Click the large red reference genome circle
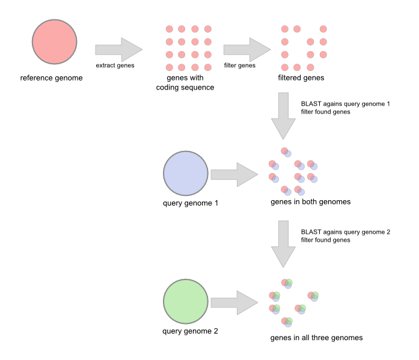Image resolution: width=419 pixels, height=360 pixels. pyautogui.click(x=54, y=41)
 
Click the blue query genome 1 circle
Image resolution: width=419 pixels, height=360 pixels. pyautogui.click(x=185, y=173)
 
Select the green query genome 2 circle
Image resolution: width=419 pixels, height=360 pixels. pyautogui.click(x=185, y=302)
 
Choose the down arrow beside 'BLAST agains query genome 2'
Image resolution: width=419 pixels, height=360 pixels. pyautogui.click(x=283, y=243)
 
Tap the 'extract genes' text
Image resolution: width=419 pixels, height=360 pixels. pyautogui.click(x=115, y=66)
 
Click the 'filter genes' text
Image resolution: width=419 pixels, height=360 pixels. pyautogui.click(x=239, y=66)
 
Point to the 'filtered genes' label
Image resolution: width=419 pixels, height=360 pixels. pyautogui.click(x=301, y=78)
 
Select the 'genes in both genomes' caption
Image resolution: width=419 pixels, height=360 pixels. pyautogui.click(x=310, y=202)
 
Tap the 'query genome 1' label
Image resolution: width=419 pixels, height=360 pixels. pyautogui.click(x=190, y=203)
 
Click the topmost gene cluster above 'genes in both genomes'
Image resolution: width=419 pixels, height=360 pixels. pyautogui.click(x=286, y=153)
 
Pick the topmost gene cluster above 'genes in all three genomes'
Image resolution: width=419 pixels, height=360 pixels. pyautogui.click(x=287, y=282)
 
